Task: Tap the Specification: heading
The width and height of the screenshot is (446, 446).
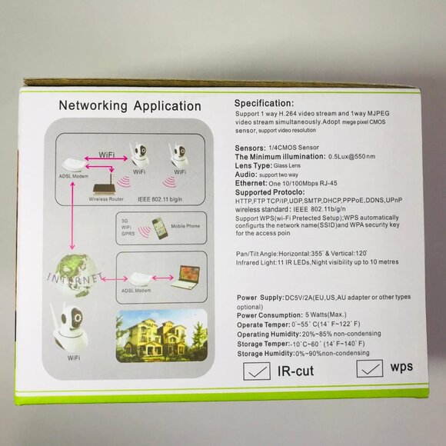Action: coord(272,103)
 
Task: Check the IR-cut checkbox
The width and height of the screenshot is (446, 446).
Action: coord(256,371)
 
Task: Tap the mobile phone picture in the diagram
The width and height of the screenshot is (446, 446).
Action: coord(159,229)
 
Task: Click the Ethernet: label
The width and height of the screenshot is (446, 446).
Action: coord(255,183)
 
